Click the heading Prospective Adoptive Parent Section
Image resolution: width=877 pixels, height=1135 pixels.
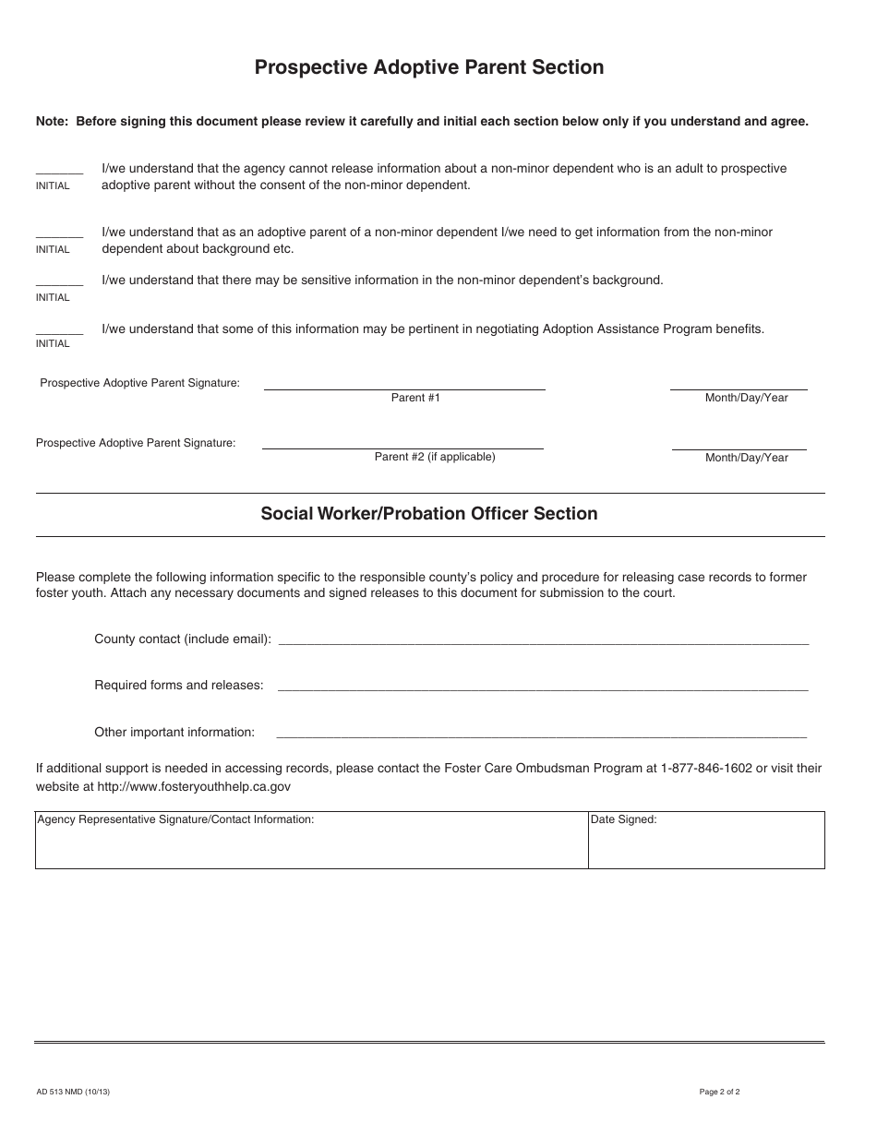pos(429,67)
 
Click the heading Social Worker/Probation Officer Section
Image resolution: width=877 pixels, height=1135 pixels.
pos(429,514)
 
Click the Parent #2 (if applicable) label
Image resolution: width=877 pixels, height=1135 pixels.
pos(435,457)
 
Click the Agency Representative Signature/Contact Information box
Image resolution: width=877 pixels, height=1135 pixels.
pos(311,841)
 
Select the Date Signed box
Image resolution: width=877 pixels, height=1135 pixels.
pos(706,841)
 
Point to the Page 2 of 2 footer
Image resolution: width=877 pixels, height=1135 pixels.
pos(720,1093)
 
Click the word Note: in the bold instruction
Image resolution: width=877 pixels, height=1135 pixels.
pos(53,121)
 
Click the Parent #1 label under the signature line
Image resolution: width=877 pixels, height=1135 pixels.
pos(415,398)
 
